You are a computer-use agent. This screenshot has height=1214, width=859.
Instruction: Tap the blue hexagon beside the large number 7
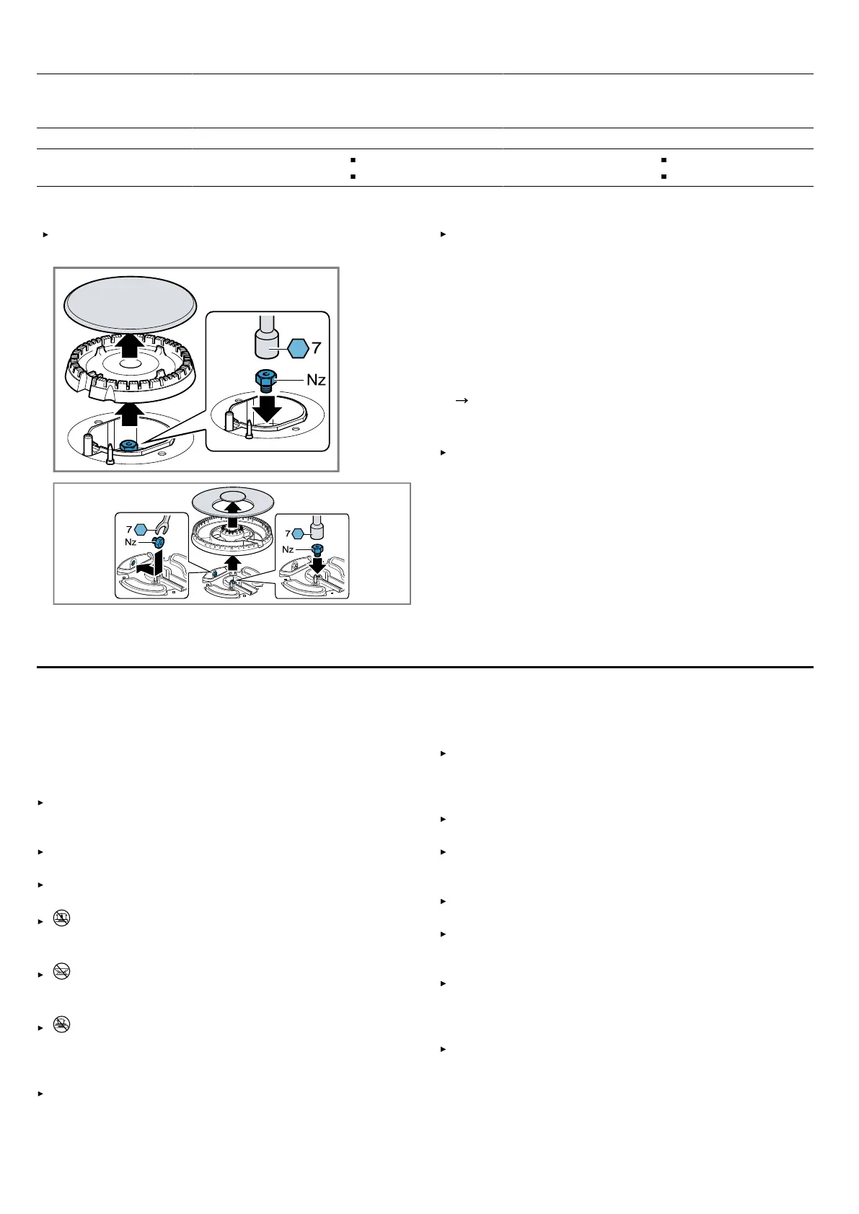[x=298, y=348]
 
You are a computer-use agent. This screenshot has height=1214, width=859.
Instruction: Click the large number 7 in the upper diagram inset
[x=317, y=347]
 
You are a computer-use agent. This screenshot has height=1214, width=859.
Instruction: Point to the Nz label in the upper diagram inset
[x=316, y=380]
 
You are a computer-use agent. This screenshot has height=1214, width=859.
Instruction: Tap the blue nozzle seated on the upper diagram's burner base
[x=129, y=446]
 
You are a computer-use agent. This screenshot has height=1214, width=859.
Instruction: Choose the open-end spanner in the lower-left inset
[x=162, y=525]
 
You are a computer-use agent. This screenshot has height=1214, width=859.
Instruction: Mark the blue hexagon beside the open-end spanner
[x=141, y=529]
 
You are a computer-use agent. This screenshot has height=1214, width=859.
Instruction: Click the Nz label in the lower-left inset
[x=130, y=542]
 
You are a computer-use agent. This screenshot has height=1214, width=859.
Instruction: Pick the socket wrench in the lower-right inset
[x=317, y=527]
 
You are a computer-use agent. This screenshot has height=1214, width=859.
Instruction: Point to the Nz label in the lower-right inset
[x=288, y=549]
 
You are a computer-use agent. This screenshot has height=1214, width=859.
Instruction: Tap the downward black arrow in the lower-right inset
[x=318, y=564]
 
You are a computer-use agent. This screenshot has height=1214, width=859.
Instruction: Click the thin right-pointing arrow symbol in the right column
[x=462, y=401]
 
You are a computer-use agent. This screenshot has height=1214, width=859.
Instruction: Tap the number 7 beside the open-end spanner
[x=129, y=529]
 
